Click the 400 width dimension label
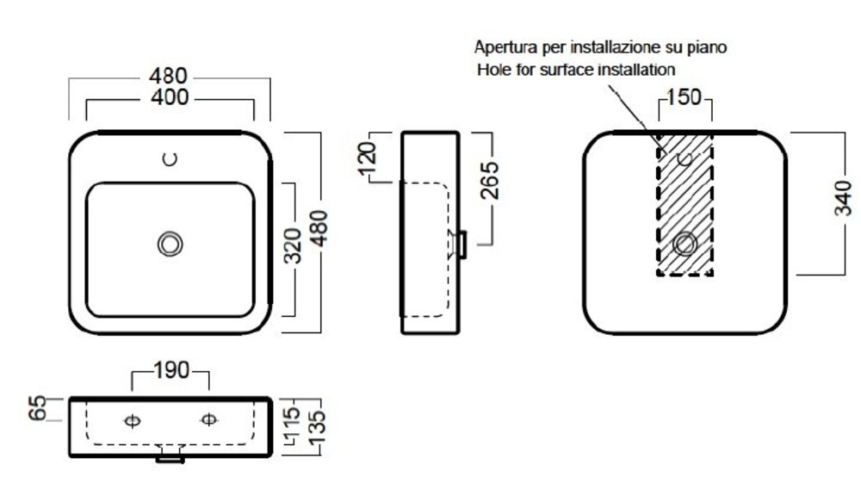(170, 97)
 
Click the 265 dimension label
(487, 180)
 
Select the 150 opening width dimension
(685, 96)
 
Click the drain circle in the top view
(170, 245)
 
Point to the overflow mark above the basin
(170, 158)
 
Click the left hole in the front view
(132, 420)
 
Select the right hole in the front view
(208, 419)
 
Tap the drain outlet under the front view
(170, 459)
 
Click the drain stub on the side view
(462, 245)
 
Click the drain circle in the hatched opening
(685, 244)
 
